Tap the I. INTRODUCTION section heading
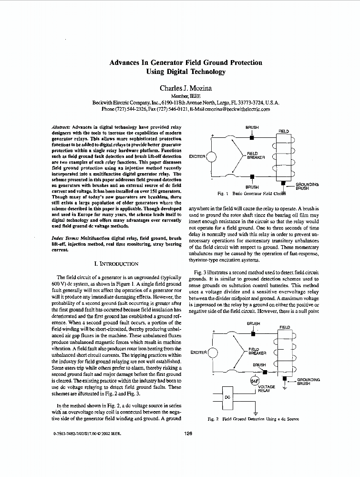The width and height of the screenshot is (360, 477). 117,263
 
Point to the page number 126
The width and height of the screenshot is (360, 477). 187,434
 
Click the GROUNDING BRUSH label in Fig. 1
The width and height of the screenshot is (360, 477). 307,186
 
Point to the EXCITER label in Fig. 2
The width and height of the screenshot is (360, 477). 198,353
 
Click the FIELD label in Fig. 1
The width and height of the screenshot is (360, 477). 284,131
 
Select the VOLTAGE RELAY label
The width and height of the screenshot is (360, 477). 266,388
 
